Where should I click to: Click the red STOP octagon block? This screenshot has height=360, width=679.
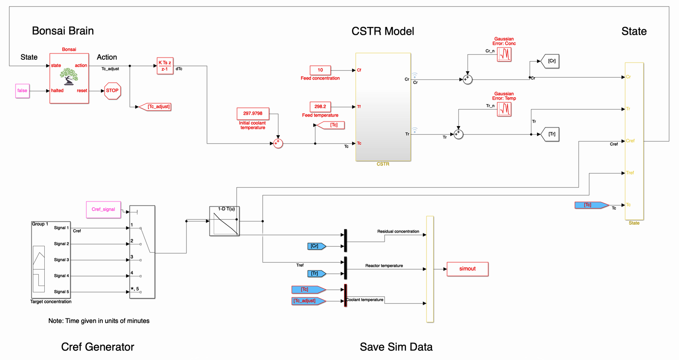112,90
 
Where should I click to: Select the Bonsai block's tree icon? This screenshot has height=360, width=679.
68,76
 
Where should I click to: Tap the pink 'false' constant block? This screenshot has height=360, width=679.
22,90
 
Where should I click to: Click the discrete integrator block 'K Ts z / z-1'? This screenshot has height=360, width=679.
165,66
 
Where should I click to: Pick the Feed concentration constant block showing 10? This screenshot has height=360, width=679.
320,70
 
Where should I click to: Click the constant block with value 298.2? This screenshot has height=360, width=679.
320,106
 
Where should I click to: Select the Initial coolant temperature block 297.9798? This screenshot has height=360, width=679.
253,113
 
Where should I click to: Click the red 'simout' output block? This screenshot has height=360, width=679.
467,269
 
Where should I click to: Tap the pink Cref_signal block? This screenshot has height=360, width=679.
103,209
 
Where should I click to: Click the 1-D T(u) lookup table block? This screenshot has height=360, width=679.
225,221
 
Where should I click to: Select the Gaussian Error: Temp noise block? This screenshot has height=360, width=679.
505,109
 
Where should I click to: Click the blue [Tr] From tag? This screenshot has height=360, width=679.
316,274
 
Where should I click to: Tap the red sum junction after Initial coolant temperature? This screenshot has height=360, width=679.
278,143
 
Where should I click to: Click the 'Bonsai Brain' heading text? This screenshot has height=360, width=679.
63,31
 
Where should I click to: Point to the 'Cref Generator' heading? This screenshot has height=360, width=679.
98,347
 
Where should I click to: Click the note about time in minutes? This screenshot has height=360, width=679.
99,321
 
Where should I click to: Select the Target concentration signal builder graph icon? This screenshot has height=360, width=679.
39,270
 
